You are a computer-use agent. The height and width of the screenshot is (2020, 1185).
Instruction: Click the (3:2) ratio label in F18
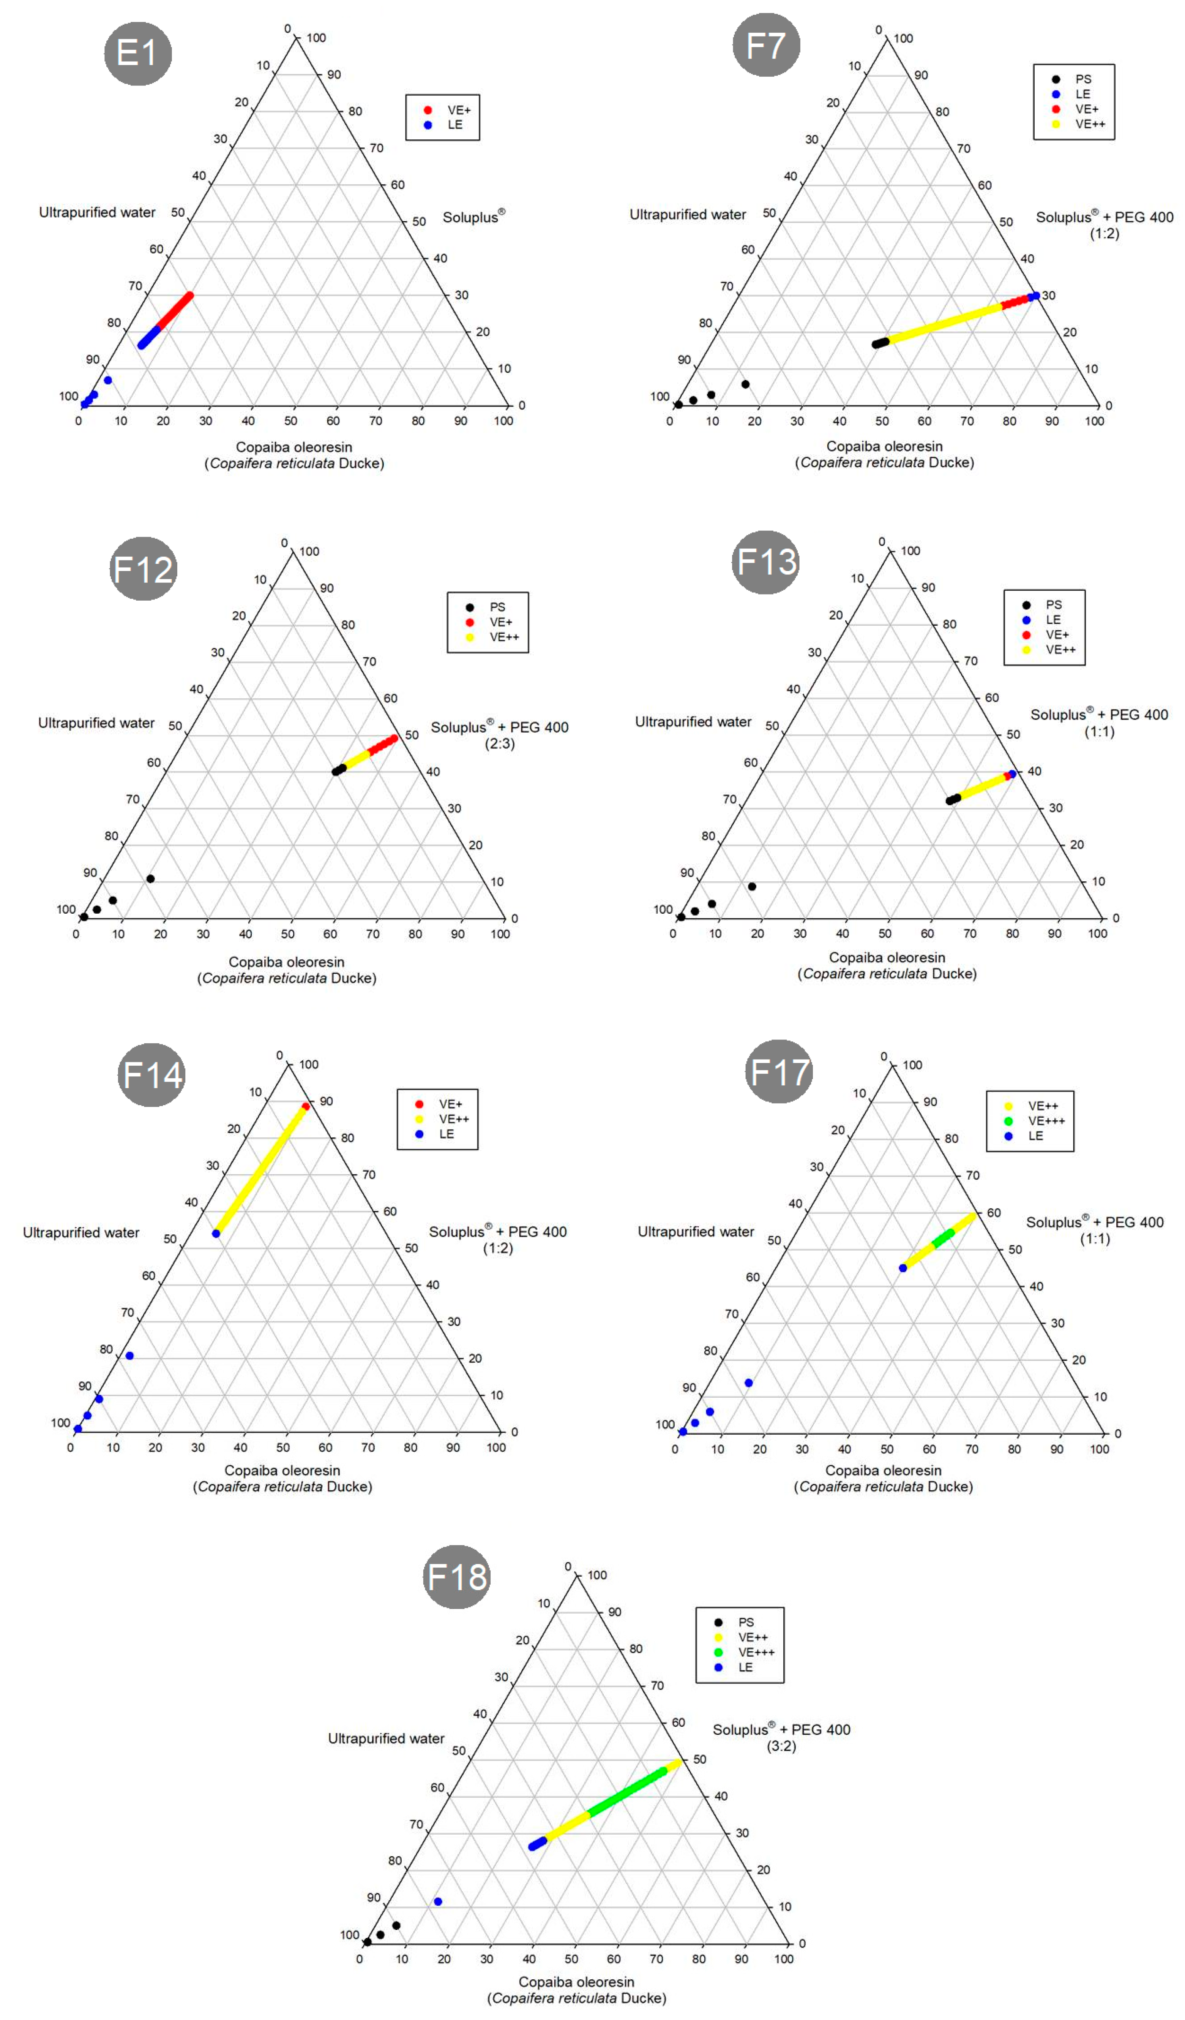click(781, 1746)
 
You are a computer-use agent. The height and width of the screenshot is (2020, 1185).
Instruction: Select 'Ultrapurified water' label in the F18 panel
click(386, 1738)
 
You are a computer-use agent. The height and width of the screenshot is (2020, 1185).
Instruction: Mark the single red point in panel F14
click(305, 1106)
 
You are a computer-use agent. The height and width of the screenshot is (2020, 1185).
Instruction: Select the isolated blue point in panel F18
click(437, 1901)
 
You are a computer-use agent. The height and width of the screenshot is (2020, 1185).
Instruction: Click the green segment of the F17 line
click(944, 1238)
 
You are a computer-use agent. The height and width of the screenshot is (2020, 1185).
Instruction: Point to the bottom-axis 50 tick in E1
click(291, 421)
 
